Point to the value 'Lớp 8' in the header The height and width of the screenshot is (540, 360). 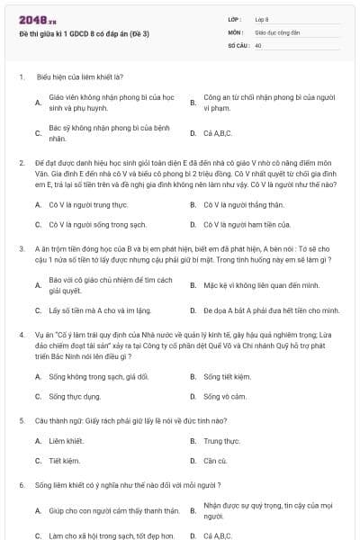point(262,19)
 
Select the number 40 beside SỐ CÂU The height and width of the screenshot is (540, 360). point(258,44)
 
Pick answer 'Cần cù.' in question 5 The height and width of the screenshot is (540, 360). point(215,461)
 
